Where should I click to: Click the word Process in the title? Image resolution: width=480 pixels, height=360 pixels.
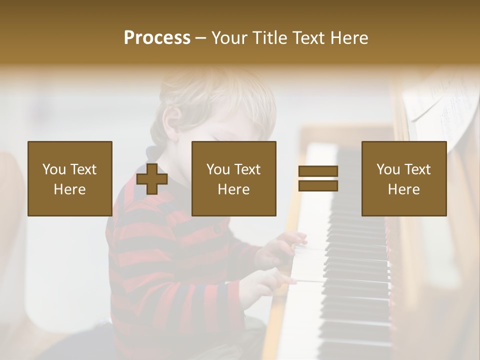tap(157, 38)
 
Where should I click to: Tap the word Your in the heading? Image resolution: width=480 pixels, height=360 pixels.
tap(229, 38)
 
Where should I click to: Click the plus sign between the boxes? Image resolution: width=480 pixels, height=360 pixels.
tap(152, 178)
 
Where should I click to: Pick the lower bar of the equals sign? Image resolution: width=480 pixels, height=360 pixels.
tap(318, 185)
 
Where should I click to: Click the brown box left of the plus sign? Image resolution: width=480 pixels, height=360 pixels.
tap(70, 178)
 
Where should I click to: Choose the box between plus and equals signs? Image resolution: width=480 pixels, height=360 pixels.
tap(234, 178)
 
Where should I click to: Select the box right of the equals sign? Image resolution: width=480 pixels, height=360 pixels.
tap(404, 178)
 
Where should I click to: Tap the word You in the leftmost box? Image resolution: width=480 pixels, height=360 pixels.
tap(53, 169)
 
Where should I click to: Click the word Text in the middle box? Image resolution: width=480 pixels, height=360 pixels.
tap(247, 169)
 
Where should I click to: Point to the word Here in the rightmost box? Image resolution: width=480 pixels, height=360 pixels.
tap(404, 189)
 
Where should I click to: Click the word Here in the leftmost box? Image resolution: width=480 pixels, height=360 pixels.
tap(70, 189)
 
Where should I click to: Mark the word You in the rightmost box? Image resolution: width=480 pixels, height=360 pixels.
tap(387, 169)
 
